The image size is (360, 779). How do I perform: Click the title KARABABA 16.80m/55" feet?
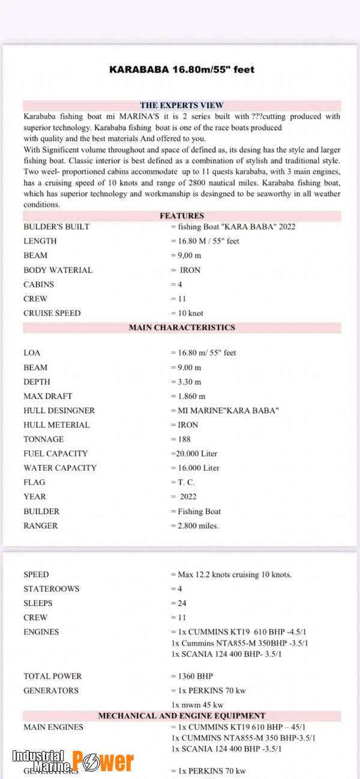pyautogui.click(x=181, y=70)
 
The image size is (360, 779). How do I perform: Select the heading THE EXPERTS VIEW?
pyautogui.click(x=182, y=106)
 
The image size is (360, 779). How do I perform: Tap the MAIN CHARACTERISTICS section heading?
pyautogui.click(x=182, y=327)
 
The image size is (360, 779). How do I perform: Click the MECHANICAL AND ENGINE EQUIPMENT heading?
pyautogui.click(x=182, y=715)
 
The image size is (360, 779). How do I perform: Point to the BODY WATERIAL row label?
pyautogui.click(x=58, y=270)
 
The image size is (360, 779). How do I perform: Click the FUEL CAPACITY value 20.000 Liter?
pyautogui.click(x=195, y=454)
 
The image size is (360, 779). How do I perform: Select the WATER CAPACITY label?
pyautogui.click(x=59, y=468)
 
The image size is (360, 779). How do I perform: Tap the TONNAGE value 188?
pyautogui.click(x=184, y=440)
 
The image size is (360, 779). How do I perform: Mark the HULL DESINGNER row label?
pyautogui.click(x=59, y=411)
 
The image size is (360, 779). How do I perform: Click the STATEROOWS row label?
pyautogui.click(x=51, y=589)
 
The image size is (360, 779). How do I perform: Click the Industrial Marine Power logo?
pyautogui.click(x=73, y=760)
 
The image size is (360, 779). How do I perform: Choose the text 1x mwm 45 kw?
pyautogui.click(x=197, y=705)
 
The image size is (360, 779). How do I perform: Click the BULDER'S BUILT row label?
pyautogui.click(x=56, y=227)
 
